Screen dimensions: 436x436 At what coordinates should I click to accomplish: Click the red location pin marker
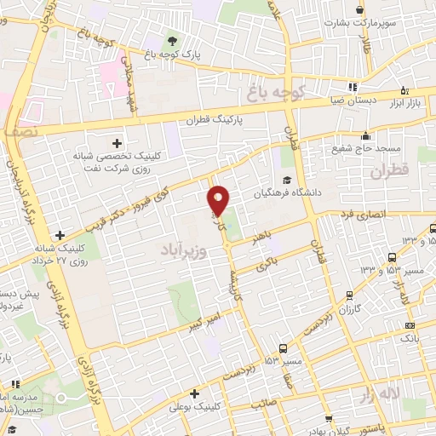(x=219, y=200)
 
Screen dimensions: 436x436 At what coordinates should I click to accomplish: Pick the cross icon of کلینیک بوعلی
(x=195, y=394)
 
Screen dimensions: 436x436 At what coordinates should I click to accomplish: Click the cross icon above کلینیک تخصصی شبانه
(x=117, y=142)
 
